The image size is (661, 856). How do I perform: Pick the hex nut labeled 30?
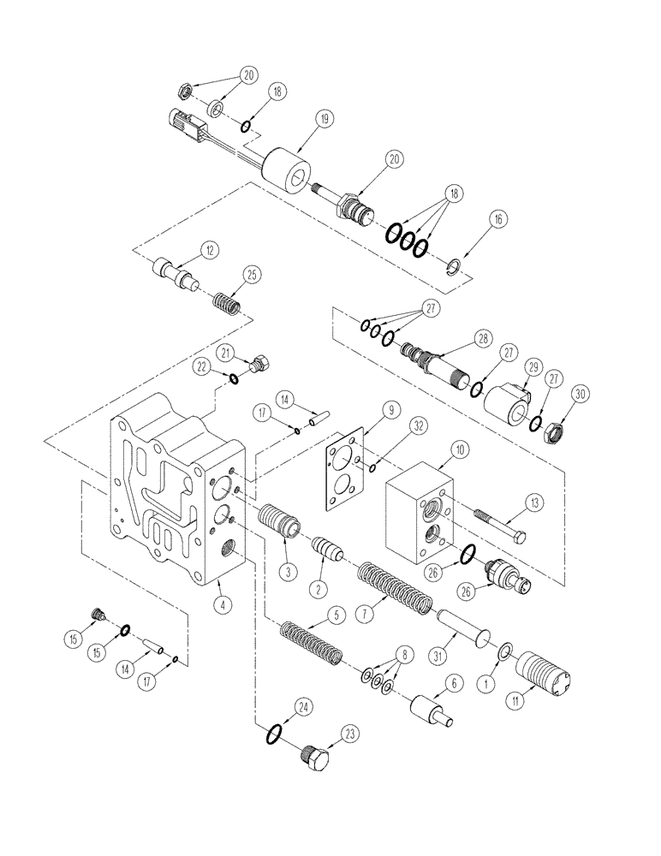point(554,432)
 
